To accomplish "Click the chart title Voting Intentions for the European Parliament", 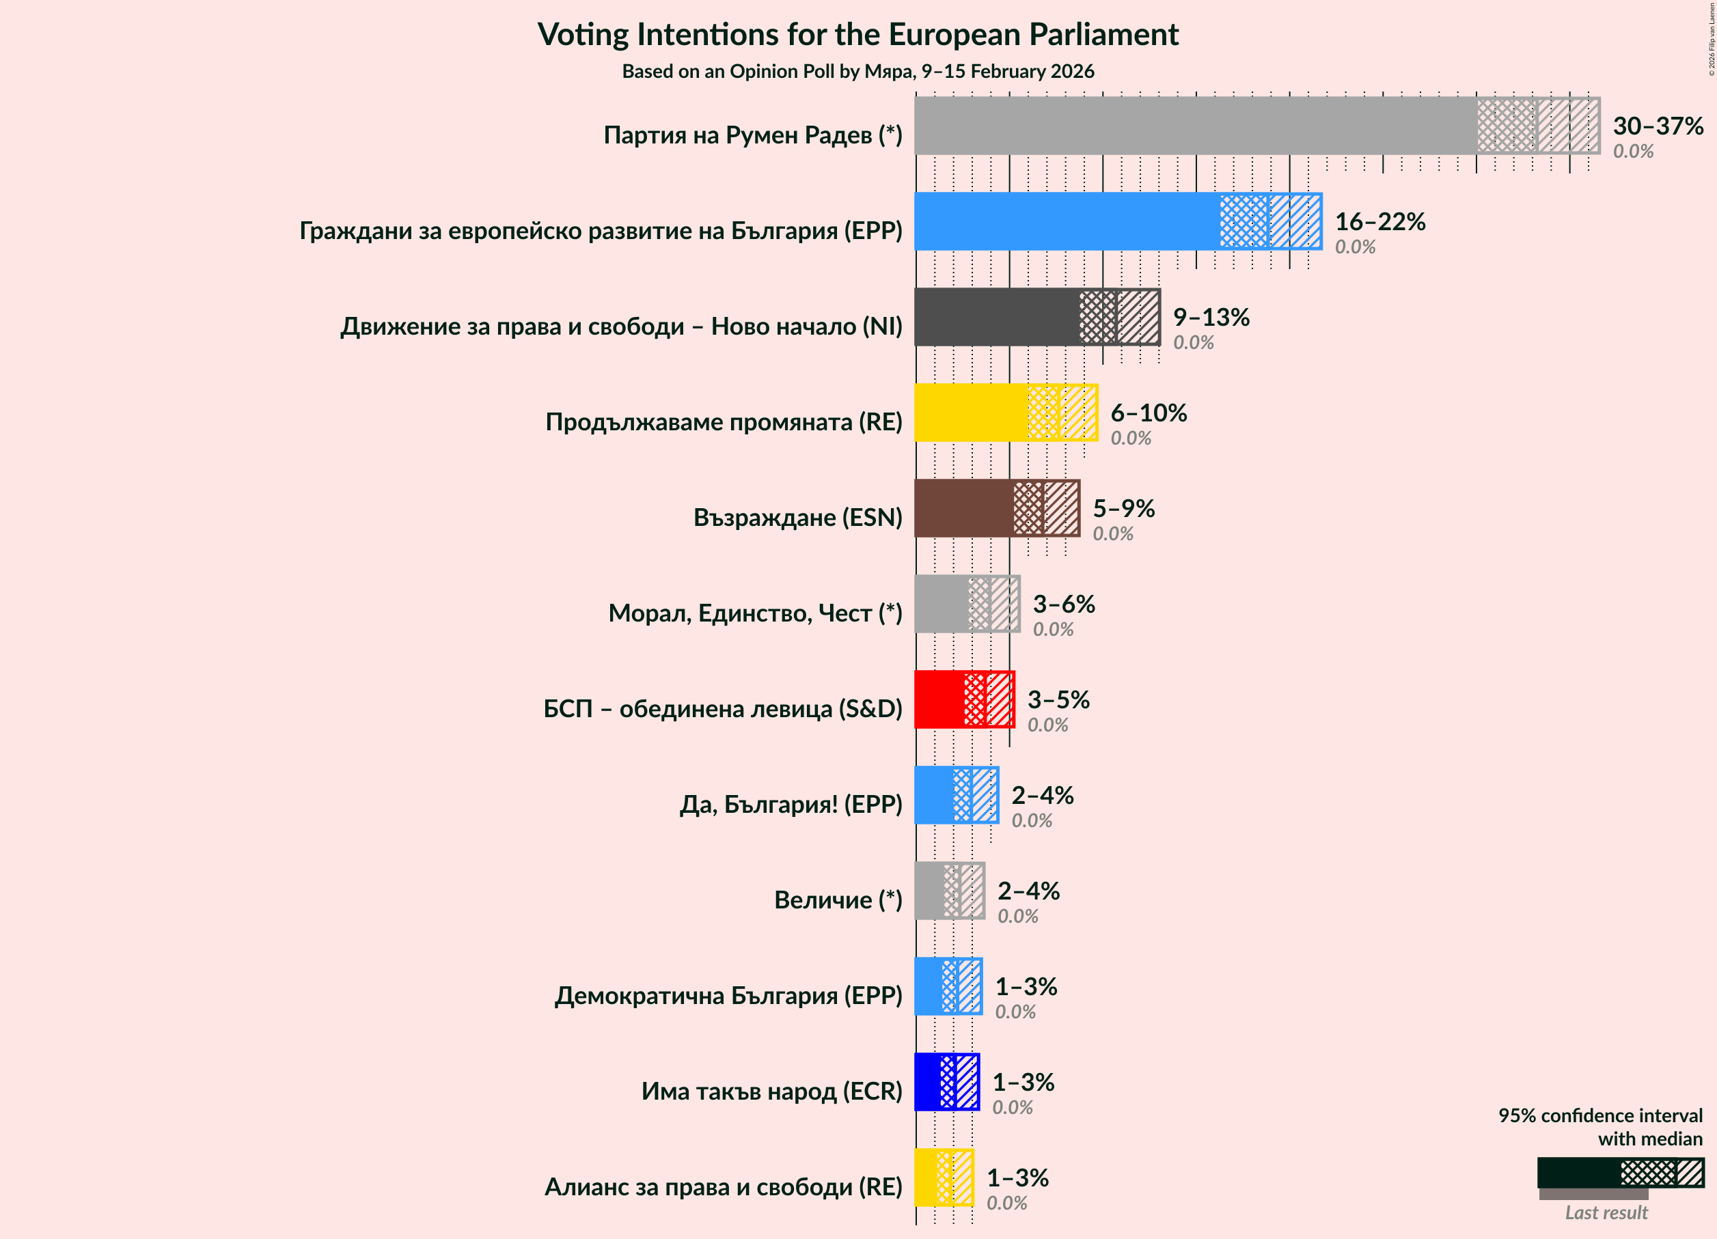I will [x=857, y=35].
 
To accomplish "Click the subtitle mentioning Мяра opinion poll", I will [x=857, y=71].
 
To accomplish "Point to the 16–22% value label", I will [x=1379, y=221].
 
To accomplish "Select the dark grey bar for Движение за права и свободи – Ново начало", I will [x=996, y=316].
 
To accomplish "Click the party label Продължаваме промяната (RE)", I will [x=723, y=421].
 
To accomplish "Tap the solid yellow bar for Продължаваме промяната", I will [x=970, y=413].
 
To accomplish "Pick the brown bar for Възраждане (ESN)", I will [x=963, y=508].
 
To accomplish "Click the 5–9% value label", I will [x=1123, y=508].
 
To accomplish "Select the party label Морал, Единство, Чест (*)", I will [x=755, y=613].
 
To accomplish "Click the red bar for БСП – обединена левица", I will [x=939, y=699].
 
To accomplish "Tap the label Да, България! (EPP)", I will [x=791, y=804].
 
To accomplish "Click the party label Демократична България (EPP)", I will [x=728, y=995].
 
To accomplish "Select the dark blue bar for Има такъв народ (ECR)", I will [x=927, y=1082].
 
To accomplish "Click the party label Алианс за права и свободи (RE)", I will [x=723, y=1187].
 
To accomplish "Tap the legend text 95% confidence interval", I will [x=1599, y=1115].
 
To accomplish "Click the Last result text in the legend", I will [x=1606, y=1212].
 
